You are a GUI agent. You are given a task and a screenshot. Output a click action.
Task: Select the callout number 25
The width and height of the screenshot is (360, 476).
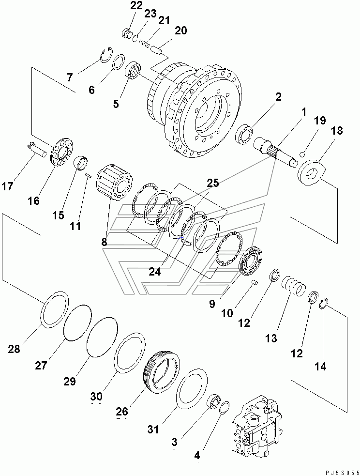(213, 183)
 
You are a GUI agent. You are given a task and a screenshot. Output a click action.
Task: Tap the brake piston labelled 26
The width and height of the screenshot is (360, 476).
(162, 372)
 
